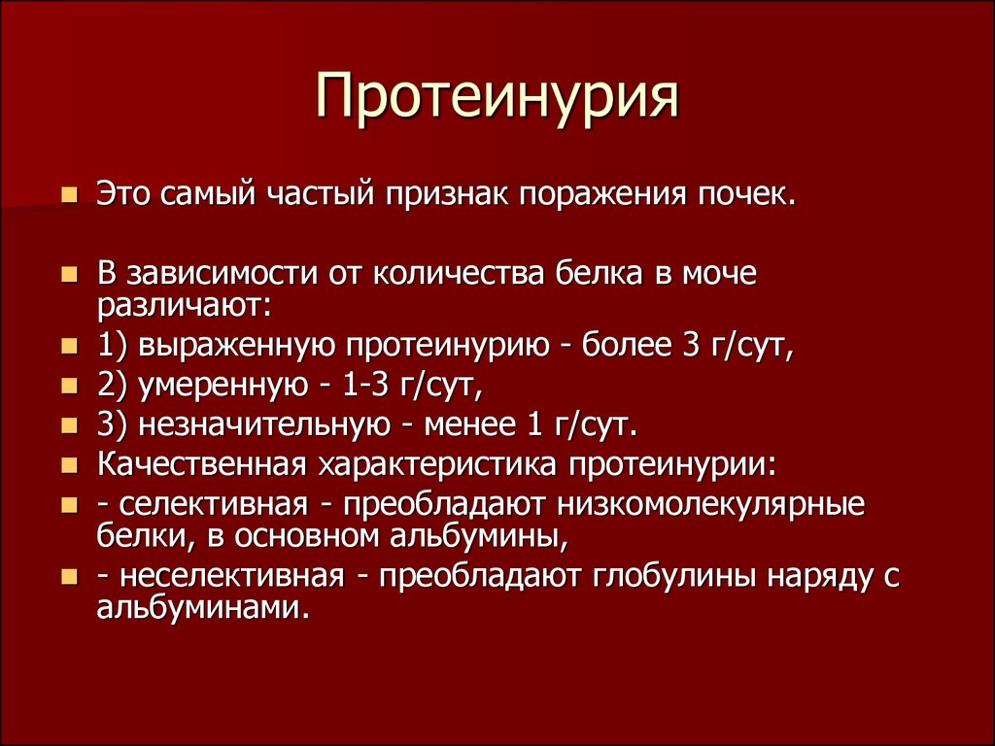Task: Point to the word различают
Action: click(x=184, y=306)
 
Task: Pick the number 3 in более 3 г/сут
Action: click(x=690, y=345)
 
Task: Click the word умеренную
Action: click(x=223, y=386)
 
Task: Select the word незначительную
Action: click(x=264, y=424)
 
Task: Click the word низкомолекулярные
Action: click(x=711, y=505)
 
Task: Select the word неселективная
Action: click(x=231, y=576)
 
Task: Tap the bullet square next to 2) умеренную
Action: click(x=69, y=386)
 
